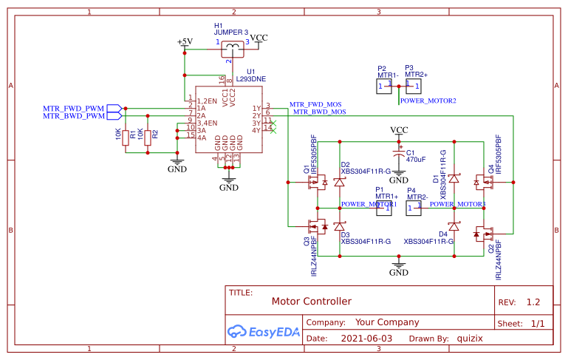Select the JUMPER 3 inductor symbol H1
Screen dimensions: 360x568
[x=236, y=47]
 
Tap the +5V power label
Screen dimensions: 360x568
[x=185, y=41]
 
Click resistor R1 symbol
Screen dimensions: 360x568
[x=126, y=137]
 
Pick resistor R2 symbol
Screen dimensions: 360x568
[x=148, y=137]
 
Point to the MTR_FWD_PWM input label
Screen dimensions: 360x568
[x=74, y=108]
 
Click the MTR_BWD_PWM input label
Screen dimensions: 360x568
[x=74, y=116]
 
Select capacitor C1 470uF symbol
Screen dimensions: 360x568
[x=399, y=157]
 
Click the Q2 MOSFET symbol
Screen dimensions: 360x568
[x=481, y=234]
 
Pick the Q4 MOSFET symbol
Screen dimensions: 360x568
[x=481, y=180]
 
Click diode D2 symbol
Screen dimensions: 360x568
[x=340, y=180]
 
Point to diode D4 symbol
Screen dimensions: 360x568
[x=454, y=225]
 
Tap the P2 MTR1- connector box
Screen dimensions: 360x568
[x=383, y=86]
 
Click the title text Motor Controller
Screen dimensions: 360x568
[x=311, y=302]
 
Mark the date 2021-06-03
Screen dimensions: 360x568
[x=367, y=339]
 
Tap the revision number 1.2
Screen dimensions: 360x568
[x=533, y=302]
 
